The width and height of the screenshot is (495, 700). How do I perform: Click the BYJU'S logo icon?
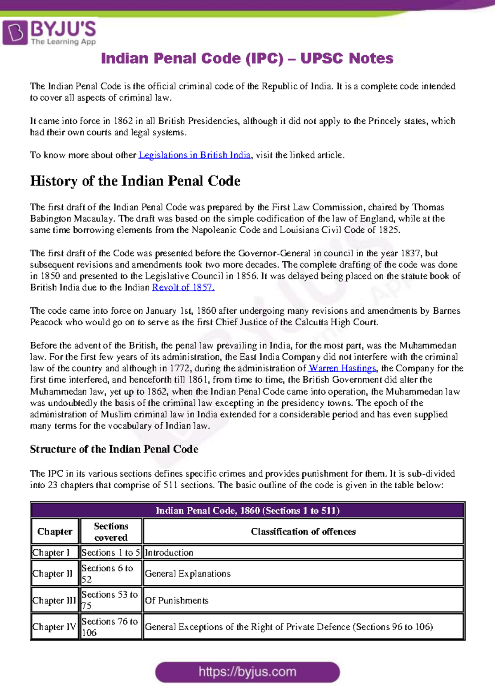click(x=15, y=33)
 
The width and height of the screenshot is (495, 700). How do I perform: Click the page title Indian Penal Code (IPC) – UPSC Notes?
click(x=247, y=58)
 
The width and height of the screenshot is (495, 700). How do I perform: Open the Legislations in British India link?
click(x=194, y=155)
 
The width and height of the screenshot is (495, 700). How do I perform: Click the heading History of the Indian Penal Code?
click(x=135, y=181)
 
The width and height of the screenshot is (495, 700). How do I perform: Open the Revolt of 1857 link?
click(x=183, y=288)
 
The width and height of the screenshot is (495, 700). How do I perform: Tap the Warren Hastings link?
click(x=342, y=368)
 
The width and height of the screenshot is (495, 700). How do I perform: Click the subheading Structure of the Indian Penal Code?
click(x=114, y=449)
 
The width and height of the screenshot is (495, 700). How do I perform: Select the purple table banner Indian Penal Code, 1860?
click(x=247, y=511)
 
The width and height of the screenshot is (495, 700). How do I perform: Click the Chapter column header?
click(x=55, y=532)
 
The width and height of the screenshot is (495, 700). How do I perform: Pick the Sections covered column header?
click(x=111, y=532)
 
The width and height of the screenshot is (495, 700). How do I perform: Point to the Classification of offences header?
click(x=303, y=532)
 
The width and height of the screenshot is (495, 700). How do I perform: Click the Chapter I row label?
click(x=51, y=553)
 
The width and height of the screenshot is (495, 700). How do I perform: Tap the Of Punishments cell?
click(x=177, y=601)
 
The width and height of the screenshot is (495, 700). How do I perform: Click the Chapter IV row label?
click(x=54, y=627)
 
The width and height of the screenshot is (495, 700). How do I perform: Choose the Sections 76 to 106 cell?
click(x=110, y=627)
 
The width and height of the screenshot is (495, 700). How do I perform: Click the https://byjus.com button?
click(x=247, y=672)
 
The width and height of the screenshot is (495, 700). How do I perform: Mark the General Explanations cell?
click(x=188, y=574)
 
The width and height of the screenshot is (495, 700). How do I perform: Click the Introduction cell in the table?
click(x=169, y=553)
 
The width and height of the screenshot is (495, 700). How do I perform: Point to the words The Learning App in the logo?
click(x=63, y=42)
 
